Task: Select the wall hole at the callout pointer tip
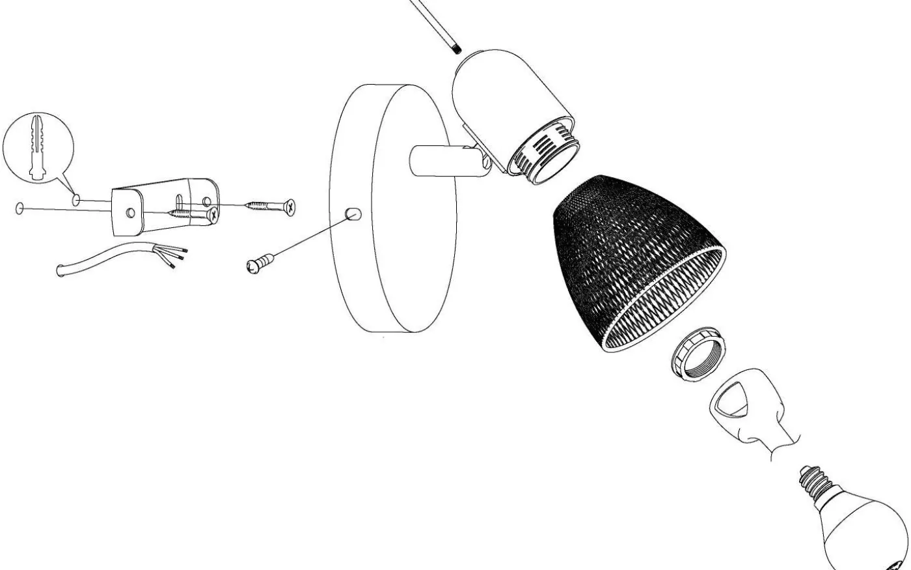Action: click(x=77, y=198)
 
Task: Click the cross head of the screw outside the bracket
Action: click(x=290, y=206)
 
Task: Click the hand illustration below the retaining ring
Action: click(x=748, y=410)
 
